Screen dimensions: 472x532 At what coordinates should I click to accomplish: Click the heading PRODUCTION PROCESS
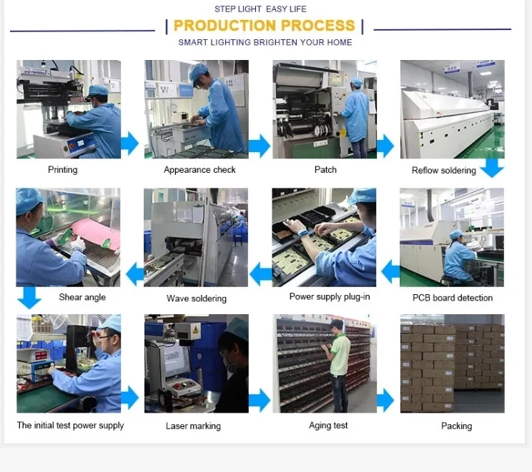point(264,26)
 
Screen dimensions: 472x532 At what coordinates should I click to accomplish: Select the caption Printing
point(63,170)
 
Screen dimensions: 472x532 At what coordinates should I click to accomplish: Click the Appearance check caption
point(199,170)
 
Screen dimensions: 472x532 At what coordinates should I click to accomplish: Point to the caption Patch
point(325,170)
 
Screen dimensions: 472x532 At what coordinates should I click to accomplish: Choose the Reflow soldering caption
point(443,171)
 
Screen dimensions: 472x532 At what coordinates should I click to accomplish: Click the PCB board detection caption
point(453,298)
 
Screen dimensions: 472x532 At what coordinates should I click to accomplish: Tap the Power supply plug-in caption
point(330,296)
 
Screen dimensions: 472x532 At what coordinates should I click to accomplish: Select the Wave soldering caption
point(197,298)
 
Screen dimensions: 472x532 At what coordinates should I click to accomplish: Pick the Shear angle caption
point(82,297)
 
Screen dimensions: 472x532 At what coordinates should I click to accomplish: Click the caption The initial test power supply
point(71,426)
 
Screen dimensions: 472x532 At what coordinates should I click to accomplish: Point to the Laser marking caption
point(193,426)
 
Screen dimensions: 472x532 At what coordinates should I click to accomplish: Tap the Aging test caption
point(328,426)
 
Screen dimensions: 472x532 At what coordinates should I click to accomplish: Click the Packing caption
point(456,426)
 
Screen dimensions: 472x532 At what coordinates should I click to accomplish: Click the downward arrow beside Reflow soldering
point(492,169)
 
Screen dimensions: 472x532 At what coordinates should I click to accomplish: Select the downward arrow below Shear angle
point(29,297)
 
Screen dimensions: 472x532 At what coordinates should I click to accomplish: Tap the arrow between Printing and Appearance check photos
point(129,144)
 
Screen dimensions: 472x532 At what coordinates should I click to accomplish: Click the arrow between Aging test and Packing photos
point(385,400)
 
